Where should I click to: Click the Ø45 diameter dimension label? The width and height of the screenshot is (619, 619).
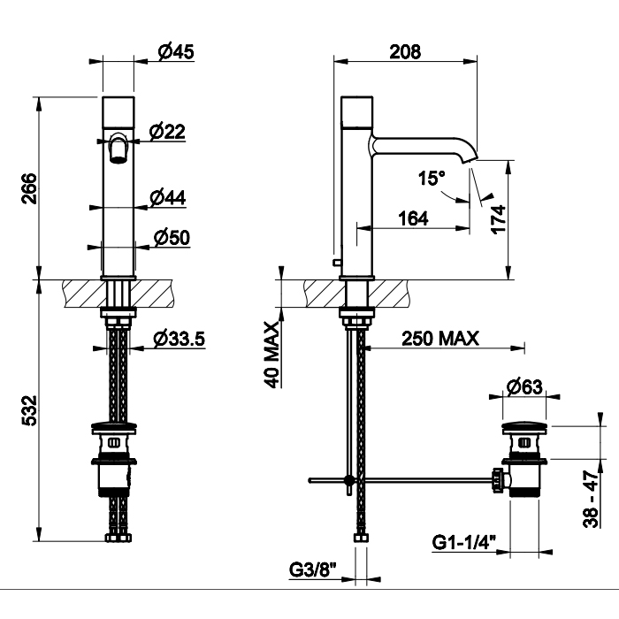point(176,52)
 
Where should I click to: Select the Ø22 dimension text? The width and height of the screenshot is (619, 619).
point(168,132)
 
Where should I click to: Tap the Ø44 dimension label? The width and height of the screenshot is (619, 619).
point(168,198)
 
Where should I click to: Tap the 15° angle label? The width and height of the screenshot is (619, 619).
point(432,179)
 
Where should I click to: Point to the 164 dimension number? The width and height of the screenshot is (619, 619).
point(412,218)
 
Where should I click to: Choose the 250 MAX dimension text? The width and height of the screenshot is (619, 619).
point(439,338)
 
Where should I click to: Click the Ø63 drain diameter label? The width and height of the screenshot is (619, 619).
point(523,386)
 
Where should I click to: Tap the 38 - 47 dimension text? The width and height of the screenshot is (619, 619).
point(591,499)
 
